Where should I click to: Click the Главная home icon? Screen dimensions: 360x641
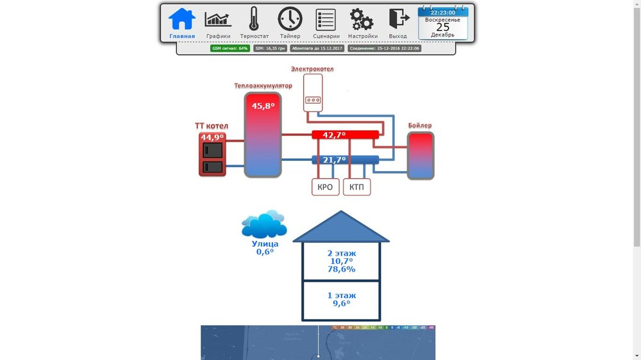[182, 19]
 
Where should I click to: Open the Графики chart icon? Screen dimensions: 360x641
[218, 19]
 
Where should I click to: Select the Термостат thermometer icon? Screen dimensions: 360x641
[254, 19]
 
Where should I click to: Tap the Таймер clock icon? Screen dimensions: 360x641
[290, 19]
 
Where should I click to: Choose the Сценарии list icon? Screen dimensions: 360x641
[326, 19]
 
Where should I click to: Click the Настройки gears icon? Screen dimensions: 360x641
[362, 19]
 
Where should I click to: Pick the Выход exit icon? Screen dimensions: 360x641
[398, 19]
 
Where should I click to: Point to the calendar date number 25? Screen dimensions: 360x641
[443, 27]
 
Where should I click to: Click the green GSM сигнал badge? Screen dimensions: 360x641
[230, 48]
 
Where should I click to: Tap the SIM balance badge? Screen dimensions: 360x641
[270, 48]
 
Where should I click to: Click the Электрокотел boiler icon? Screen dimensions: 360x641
[313, 92]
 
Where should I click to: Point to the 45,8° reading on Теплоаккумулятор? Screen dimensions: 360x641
[263, 106]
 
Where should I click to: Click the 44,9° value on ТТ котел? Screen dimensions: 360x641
[212, 137]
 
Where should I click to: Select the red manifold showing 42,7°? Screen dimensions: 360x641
[345, 135]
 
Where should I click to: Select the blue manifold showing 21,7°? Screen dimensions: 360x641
[345, 160]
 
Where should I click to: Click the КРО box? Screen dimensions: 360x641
[325, 187]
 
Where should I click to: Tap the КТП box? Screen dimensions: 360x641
[357, 187]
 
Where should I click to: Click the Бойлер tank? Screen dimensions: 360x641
[420, 156]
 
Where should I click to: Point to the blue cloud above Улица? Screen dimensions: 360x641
[263, 224]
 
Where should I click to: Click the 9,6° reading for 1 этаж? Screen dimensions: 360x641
[341, 304]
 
